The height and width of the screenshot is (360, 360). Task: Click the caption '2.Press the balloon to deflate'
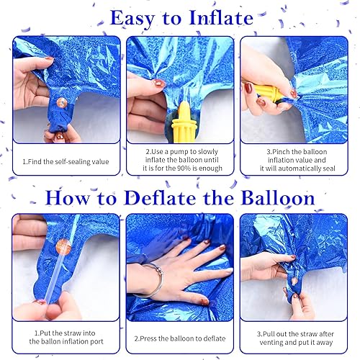pos(180,337)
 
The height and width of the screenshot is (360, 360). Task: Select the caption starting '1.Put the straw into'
pos(64,337)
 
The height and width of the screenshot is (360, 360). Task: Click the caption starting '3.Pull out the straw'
pos(295,337)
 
